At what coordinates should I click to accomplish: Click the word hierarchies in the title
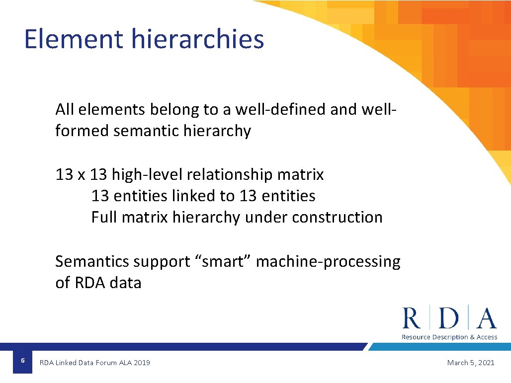[198, 39]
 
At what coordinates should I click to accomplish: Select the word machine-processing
[328, 261]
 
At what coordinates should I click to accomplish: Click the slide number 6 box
[22, 362]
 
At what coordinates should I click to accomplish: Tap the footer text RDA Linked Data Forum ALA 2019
[94, 363]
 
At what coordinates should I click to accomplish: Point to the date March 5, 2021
[470, 363]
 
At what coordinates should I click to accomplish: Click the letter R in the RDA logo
[411, 318]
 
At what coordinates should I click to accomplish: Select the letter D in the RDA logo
[449, 318]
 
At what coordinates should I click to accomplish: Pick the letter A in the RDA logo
[486, 318]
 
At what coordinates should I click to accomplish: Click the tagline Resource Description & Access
[449, 337]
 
